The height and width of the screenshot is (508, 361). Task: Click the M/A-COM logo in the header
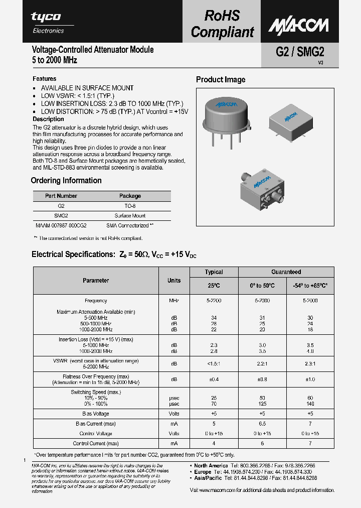click(x=298, y=25)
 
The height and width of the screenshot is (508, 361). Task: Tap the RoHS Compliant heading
click(x=222, y=24)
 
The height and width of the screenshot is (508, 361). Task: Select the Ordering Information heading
click(x=66, y=181)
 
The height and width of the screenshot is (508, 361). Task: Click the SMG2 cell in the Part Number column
click(x=61, y=215)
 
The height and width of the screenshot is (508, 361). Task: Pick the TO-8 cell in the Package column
click(x=130, y=206)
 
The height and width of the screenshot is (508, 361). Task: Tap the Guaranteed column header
click(x=286, y=272)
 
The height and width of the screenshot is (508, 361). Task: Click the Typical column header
click(x=214, y=272)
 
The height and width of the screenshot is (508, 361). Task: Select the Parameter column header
click(x=96, y=281)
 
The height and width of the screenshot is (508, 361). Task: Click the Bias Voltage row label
click(x=96, y=414)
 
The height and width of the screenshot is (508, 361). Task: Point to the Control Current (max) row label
click(x=96, y=443)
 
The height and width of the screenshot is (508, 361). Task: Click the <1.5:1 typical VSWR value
click(x=214, y=362)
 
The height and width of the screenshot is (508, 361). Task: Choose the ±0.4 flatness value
click(x=214, y=379)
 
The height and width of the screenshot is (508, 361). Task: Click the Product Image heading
click(x=221, y=80)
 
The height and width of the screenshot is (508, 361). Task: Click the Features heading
click(x=45, y=79)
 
